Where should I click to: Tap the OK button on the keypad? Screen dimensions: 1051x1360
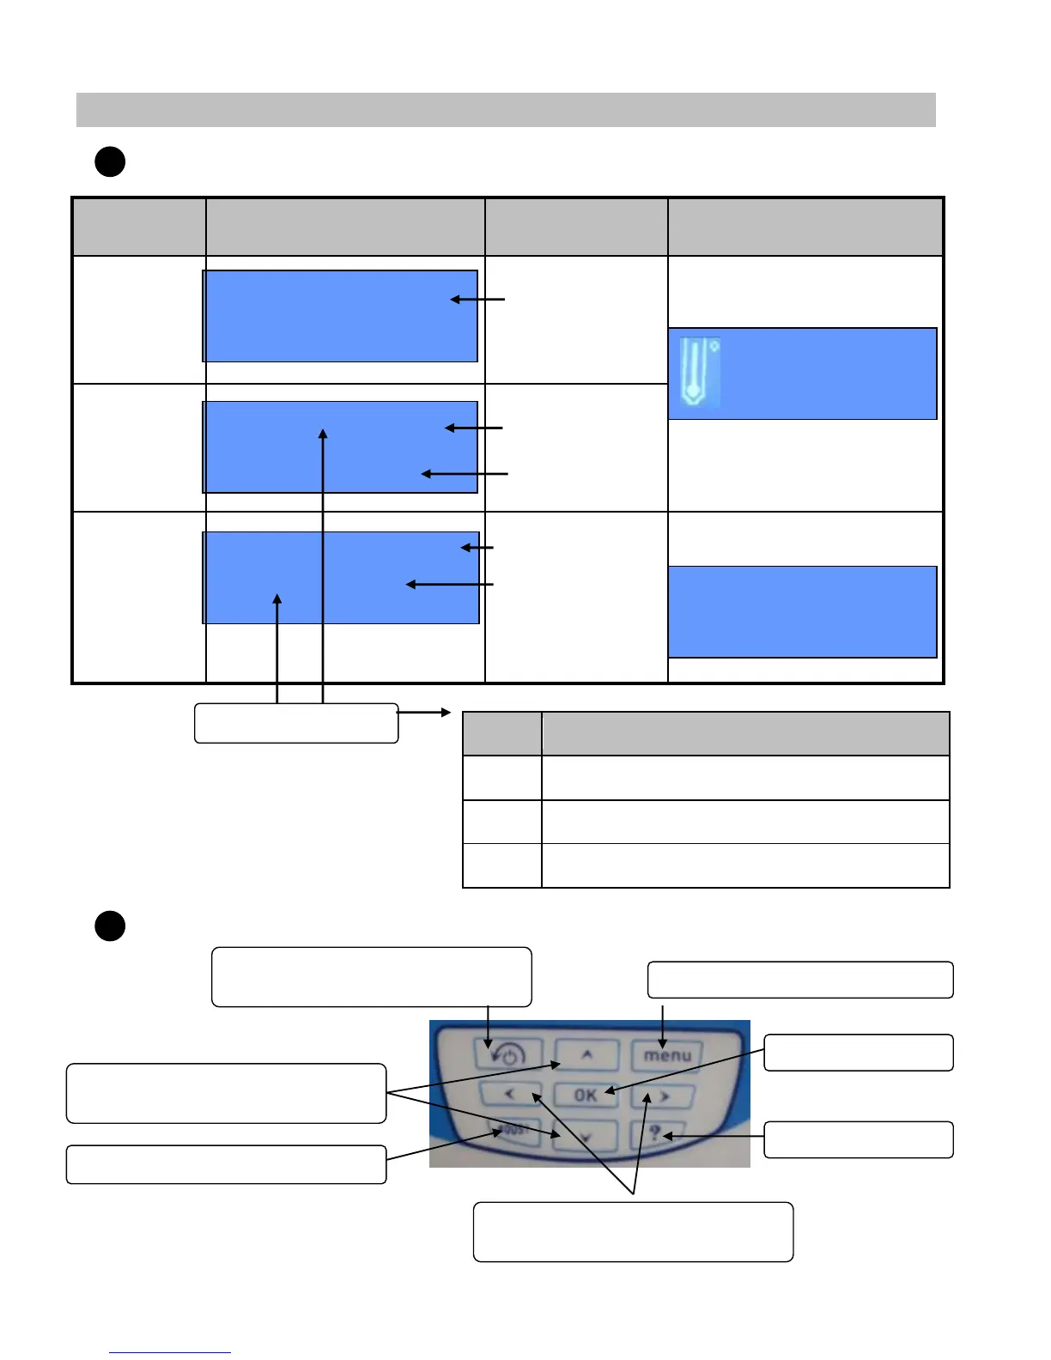click(586, 1095)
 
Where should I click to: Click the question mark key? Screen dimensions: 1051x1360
click(656, 1133)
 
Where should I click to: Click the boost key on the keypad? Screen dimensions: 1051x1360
click(514, 1131)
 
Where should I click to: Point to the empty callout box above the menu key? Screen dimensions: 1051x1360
click(799, 980)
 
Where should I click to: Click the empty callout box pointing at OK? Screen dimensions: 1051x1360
click(858, 1053)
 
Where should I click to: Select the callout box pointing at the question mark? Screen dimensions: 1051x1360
click(858, 1139)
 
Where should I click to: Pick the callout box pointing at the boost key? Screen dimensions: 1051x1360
click(226, 1164)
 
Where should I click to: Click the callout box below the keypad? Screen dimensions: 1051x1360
click(633, 1231)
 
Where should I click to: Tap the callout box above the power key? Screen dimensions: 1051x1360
click(371, 976)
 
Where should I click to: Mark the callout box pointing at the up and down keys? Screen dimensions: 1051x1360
click(226, 1093)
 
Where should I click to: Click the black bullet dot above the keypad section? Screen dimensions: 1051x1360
click(110, 926)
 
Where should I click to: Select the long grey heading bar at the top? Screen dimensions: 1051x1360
click(506, 110)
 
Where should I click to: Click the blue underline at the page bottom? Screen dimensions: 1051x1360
click(170, 1352)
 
